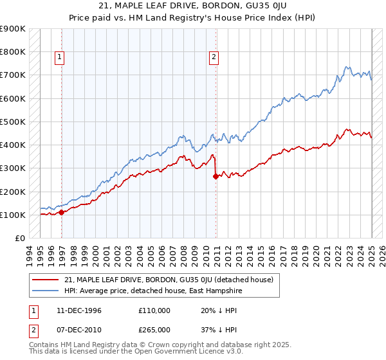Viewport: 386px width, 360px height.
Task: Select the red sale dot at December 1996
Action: tap(61, 212)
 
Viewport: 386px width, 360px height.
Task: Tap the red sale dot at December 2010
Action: tap(216, 176)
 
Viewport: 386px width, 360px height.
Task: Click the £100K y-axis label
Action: tap(12, 215)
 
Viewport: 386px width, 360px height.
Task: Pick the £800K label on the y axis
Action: tap(12, 52)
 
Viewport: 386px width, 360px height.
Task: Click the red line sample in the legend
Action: tap(45, 280)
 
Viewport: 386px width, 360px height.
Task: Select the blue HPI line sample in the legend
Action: tap(45, 291)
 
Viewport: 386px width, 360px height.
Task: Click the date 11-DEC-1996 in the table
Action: tap(78, 310)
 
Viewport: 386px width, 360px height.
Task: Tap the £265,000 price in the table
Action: tap(154, 329)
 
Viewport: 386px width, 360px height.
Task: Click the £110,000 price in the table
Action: tap(154, 310)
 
